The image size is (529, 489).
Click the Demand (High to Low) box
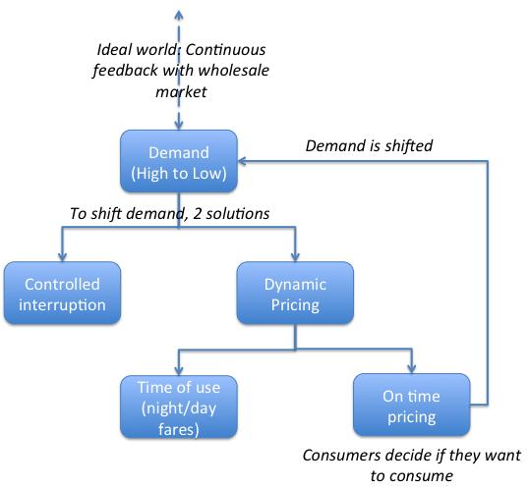click(x=177, y=163)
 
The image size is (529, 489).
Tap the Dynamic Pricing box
click(x=294, y=293)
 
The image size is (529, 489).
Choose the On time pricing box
click(x=410, y=406)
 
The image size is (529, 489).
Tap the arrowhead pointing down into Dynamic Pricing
click(x=294, y=256)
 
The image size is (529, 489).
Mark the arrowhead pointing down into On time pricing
click(x=410, y=370)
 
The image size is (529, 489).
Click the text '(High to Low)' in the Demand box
click(x=177, y=173)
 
